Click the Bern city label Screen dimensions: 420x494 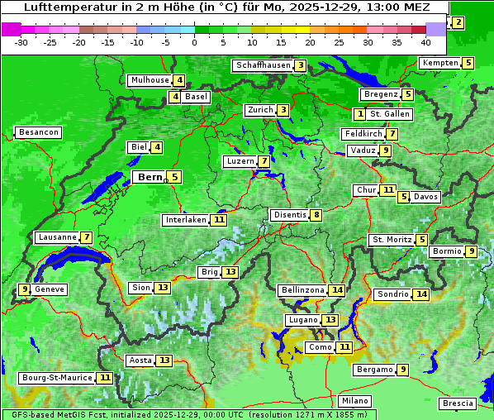point(150,177)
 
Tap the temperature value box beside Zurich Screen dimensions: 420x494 point(283,110)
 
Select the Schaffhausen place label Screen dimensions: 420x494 point(263,65)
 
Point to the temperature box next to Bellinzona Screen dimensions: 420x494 point(336,290)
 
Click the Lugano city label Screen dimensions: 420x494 point(302,320)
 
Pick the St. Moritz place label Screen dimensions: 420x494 point(391,240)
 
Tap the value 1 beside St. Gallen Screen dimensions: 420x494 point(359,113)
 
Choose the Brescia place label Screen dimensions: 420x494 point(458,403)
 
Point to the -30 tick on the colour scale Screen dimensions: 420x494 point(21,42)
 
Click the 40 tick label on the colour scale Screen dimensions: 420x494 point(425,42)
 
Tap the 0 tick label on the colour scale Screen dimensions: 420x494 point(195,42)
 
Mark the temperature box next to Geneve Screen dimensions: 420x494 point(25,289)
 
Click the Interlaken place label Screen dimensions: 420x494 point(185,220)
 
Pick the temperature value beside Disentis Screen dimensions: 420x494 point(316,215)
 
